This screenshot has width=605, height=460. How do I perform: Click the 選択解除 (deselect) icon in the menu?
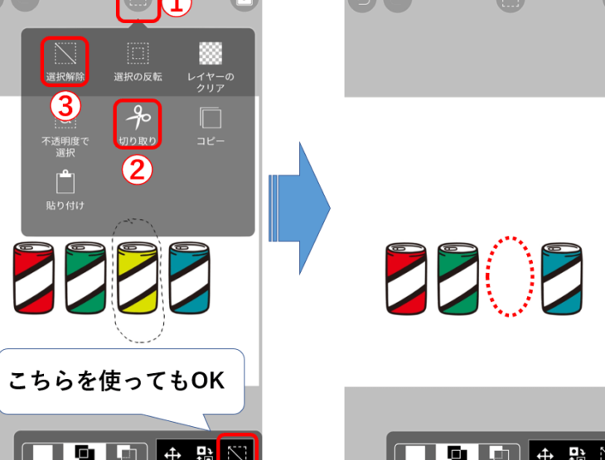pyautogui.click(x=65, y=53)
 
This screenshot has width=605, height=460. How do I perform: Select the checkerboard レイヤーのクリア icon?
pyautogui.click(x=211, y=53)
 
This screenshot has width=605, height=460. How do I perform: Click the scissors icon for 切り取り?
pyautogui.click(x=138, y=117)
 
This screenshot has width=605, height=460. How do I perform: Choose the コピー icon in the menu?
pyautogui.click(x=211, y=117)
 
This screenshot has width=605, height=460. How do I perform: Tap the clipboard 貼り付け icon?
pyautogui.click(x=65, y=181)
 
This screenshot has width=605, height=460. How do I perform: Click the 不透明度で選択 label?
pyautogui.click(x=65, y=146)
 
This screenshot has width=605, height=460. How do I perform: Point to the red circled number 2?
pyautogui.click(x=138, y=170)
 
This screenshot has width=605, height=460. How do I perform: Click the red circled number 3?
pyautogui.click(x=65, y=107)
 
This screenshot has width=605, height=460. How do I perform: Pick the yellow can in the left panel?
pyautogui.click(x=138, y=277)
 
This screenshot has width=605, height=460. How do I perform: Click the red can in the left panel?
pyautogui.click(x=34, y=277)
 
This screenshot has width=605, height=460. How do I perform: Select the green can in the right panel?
pyautogui.click(x=458, y=279)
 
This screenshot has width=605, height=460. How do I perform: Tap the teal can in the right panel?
pyautogui.click(x=562, y=279)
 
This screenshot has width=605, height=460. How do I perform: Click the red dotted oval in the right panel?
pyautogui.click(x=486, y=276)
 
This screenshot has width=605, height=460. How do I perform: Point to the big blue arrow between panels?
pyautogui.click(x=299, y=208)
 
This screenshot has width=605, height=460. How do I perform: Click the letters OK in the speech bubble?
pyautogui.click(x=208, y=381)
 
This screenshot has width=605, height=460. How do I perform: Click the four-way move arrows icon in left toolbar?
pyautogui.click(x=172, y=453)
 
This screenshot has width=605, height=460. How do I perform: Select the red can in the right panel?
pyautogui.click(x=406, y=279)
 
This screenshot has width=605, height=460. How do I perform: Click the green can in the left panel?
pyautogui.click(x=85, y=277)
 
